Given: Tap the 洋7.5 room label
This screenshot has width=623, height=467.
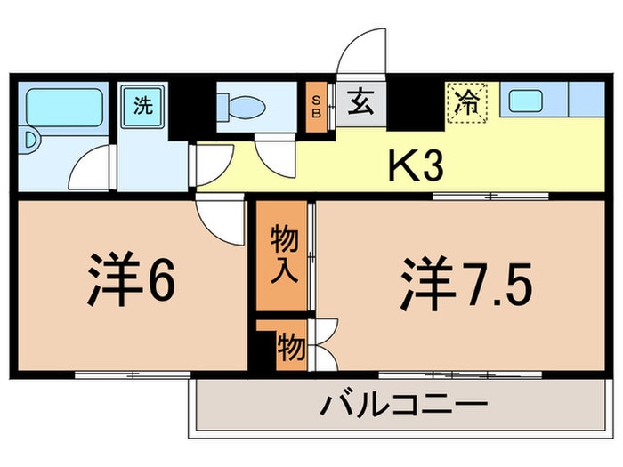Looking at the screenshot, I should point(466,282).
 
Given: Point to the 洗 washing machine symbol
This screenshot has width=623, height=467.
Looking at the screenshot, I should point(142,105).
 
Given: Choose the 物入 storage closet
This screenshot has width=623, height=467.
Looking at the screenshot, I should point(283,254).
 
